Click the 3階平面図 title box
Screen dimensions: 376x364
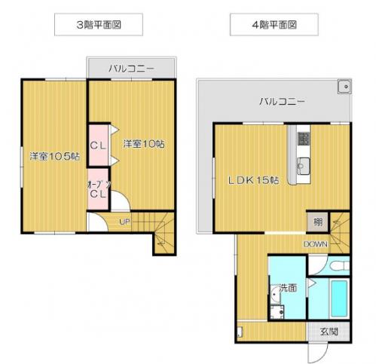pos(99,25)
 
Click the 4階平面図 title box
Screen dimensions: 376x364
pos(274,25)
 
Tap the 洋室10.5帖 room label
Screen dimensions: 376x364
pos(55,157)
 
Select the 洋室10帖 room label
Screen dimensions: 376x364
pos(144,144)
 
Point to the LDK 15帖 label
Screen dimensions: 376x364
pos(253,180)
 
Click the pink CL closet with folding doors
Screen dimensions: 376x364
pos(99,145)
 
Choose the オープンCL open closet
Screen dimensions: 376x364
pos(98,188)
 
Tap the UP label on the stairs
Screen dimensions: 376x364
pos(125,222)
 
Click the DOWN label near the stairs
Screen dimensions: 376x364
pos(316,244)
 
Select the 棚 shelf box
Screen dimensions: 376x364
pos(317,222)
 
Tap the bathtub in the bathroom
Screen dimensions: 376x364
pos(339,298)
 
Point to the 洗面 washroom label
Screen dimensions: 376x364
pos(288,288)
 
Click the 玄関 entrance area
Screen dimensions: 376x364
pos(329,332)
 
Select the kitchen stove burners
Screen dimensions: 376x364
pos(304,139)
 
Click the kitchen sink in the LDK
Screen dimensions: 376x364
pos(303,166)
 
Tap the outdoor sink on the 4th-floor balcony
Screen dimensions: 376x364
pos(344,87)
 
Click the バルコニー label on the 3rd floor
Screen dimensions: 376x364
pos(131,69)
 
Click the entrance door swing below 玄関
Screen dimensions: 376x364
pos(318,353)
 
